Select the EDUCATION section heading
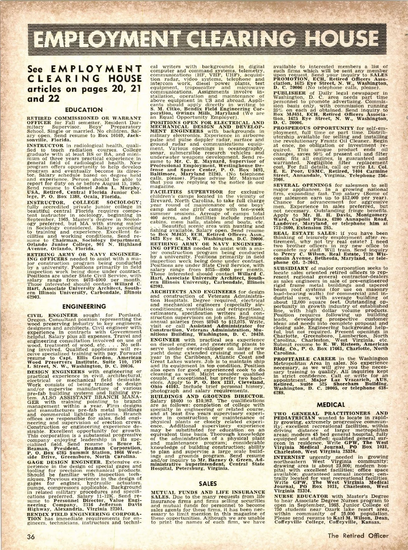[x=84, y=110]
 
